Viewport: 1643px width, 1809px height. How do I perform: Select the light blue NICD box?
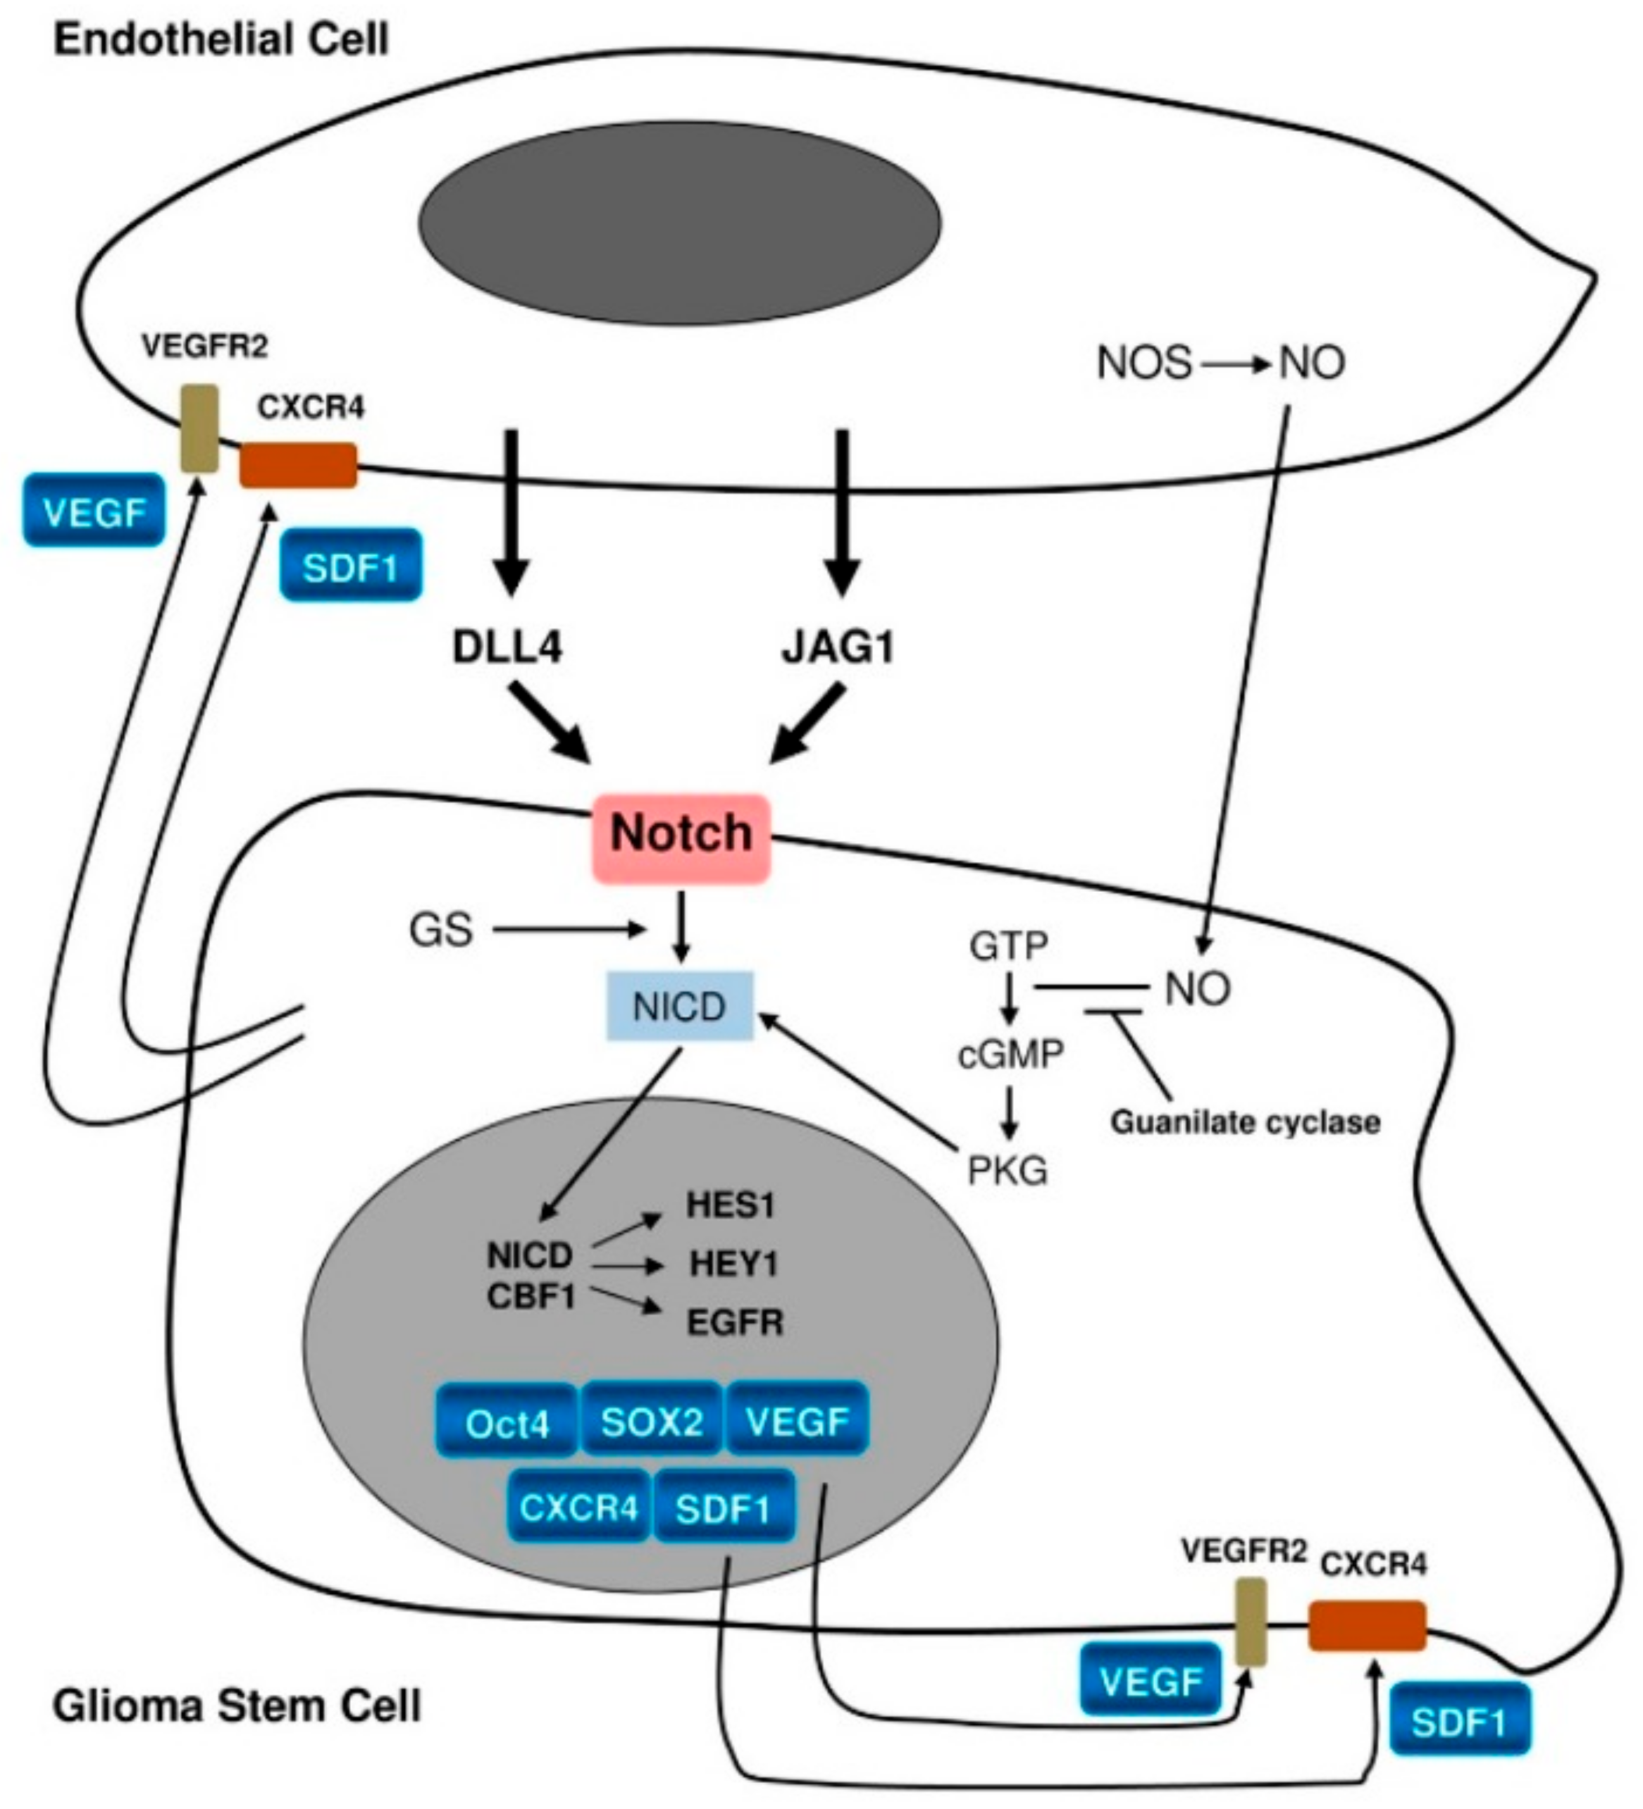679,1006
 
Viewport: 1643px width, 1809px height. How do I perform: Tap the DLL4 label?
507,647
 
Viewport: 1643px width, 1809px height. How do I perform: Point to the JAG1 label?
838,647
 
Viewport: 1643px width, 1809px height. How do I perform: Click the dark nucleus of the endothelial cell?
679,222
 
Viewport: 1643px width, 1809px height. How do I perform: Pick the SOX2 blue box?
652,1422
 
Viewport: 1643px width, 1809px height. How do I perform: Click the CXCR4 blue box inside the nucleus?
578,1508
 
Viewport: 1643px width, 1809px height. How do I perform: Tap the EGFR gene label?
735,1323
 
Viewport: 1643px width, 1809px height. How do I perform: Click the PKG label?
1007,1170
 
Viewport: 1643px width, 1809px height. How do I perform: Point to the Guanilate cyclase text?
1245,1121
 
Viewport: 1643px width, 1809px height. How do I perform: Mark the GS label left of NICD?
440,931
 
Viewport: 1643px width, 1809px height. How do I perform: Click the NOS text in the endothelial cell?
1144,363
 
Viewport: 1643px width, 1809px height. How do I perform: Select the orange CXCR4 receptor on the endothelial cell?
298,465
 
